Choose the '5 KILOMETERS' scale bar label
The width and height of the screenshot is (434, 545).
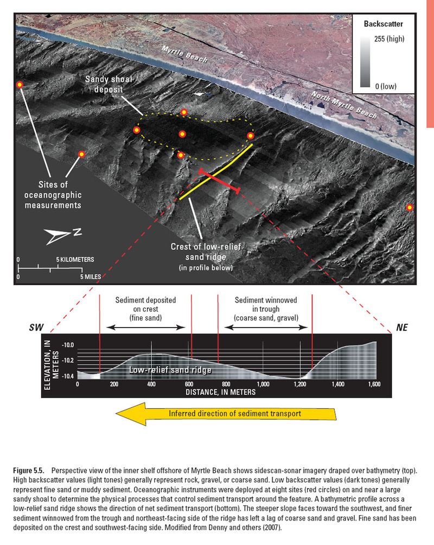[x=75, y=259]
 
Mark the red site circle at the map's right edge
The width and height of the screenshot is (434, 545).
[x=410, y=207]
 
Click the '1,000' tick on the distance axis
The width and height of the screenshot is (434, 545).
[x=263, y=383]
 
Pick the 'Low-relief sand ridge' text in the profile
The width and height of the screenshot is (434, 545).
[x=170, y=370]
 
